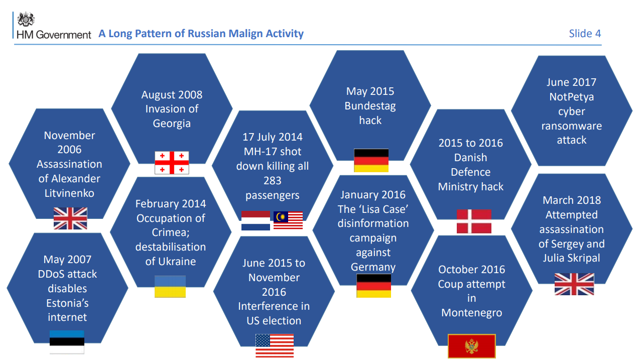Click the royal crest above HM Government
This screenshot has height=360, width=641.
tap(26, 19)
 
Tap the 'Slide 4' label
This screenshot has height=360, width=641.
tap(585, 34)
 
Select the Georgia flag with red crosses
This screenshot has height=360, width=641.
tap(172, 163)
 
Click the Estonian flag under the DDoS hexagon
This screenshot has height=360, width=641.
tap(67, 342)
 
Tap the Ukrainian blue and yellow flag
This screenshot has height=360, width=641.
tap(170, 287)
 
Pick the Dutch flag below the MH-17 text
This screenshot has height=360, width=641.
tap(255, 220)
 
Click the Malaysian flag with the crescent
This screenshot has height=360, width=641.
tap(288, 220)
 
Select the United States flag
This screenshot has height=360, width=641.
tap(275, 345)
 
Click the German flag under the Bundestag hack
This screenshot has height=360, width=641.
tap(371, 160)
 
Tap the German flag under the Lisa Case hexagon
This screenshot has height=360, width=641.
tap(374, 286)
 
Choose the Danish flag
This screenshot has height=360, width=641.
tap(474, 221)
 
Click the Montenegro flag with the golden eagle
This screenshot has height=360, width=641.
tap(472, 346)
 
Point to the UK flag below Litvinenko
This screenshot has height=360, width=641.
tap(70, 218)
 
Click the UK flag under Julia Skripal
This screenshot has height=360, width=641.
tap(574, 284)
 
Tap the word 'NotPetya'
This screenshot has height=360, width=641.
tap(571, 97)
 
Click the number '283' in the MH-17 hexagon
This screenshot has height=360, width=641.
tap(273, 181)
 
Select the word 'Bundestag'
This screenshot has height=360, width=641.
tap(370, 106)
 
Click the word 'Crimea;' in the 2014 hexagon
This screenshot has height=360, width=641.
tap(171, 232)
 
